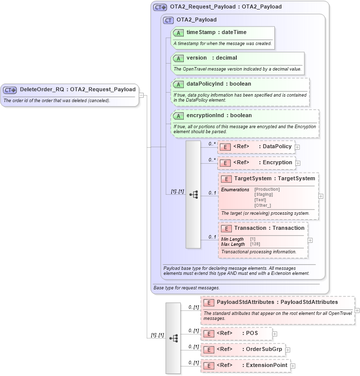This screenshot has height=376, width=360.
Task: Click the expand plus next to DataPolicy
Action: [297, 147]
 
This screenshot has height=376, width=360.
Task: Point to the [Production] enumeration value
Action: [267, 189]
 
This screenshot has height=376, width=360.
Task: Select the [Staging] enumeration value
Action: [263, 194]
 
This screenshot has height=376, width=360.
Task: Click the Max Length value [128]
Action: [255, 244]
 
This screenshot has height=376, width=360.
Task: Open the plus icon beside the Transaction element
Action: [310, 240]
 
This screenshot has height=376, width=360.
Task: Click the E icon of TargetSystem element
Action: [226, 179]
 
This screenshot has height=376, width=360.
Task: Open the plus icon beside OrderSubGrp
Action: [288, 350]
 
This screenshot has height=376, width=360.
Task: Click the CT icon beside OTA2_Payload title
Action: [168, 20]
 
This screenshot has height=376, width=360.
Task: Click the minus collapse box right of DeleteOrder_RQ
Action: [142, 95]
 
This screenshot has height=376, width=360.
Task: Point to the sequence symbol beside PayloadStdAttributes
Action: [173, 338]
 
